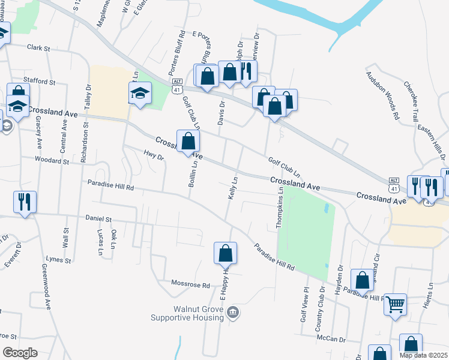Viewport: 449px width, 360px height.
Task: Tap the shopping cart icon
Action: click(x=396, y=304)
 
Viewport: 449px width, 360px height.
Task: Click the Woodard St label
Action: click(x=52, y=161)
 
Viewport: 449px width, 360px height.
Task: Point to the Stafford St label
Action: click(x=40, y=80)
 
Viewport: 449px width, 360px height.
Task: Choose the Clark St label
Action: click(x=37, y=46)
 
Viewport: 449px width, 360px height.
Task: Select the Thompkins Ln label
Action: click(x=279, y=206)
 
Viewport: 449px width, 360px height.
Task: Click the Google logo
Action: click(x=20, y=353)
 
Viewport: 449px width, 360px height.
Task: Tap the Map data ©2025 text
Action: click(x=423, y=355)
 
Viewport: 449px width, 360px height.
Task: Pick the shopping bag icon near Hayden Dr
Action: click(x=362, y=280)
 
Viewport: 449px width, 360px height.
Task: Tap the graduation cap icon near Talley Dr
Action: click(x=140, y=93)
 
